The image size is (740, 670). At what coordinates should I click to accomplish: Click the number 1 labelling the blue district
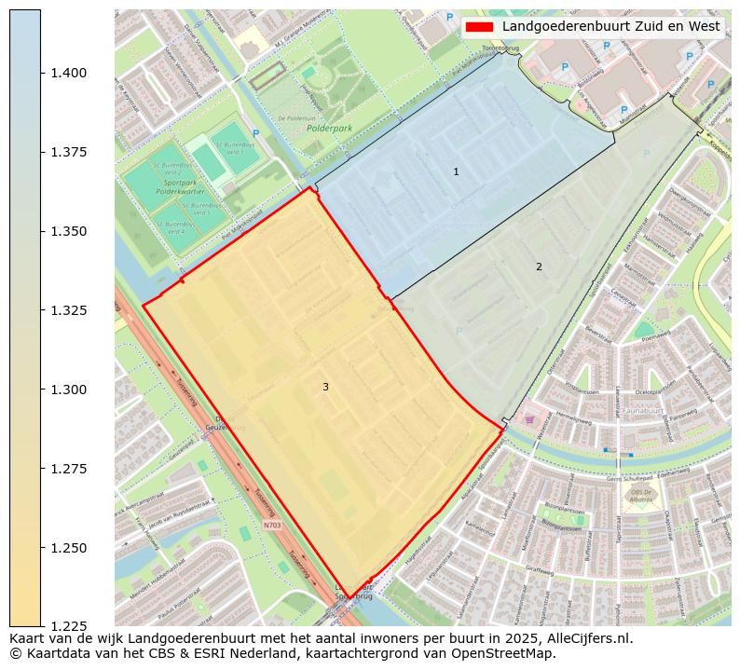456,171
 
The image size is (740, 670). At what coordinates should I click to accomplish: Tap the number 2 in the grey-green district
539,267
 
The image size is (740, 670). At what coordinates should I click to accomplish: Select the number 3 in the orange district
325,387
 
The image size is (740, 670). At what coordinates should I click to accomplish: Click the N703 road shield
271,526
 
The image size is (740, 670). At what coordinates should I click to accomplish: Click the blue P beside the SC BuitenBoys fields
255,133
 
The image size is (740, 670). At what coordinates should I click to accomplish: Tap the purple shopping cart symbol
530,420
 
